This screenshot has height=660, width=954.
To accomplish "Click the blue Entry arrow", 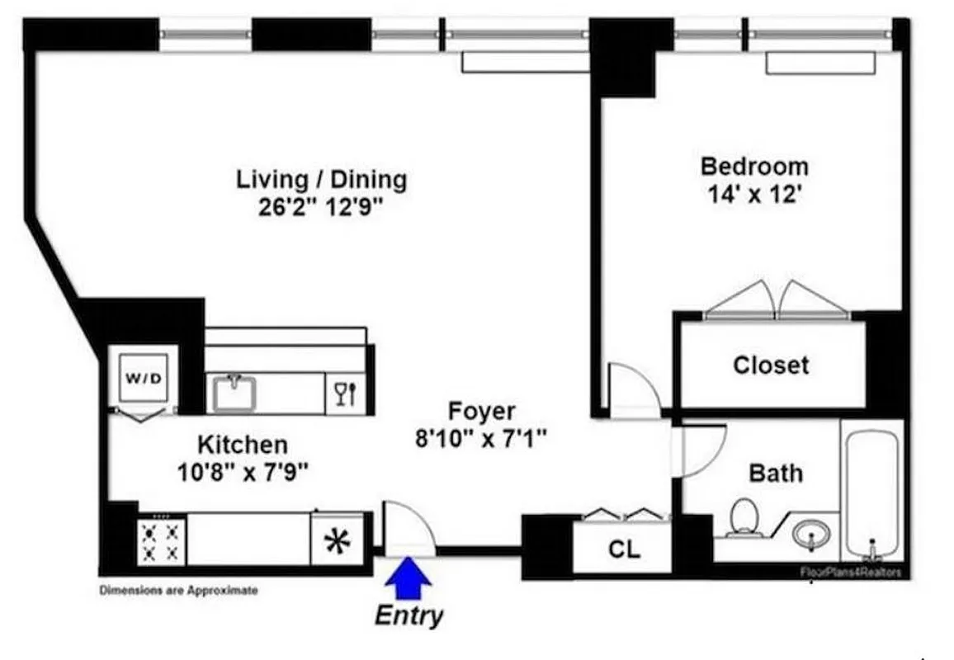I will tap(409, 577).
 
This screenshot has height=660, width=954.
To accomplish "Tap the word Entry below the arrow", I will tap(409, 615).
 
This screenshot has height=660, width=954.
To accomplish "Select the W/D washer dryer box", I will tap(144, 379).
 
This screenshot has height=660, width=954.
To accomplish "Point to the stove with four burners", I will tap(161, 540).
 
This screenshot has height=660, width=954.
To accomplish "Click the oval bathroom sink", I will tap(811, 535).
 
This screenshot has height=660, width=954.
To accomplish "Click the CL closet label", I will tap(624, 549).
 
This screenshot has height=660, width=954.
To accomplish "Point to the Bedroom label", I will tap(754, 166).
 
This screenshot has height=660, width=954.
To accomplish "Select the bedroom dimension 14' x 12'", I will tap(754, 196).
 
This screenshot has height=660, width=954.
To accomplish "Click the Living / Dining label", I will tap(322, 179).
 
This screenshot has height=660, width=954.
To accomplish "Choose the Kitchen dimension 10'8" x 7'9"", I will tap(243, 473).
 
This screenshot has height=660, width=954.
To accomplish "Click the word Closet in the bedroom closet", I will tap(771, 365).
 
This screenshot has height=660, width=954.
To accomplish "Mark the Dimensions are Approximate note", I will tap(178, 591).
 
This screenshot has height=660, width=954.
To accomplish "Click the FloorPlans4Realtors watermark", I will tap(850, 572).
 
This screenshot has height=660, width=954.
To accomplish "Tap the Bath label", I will tap(775, 474).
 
